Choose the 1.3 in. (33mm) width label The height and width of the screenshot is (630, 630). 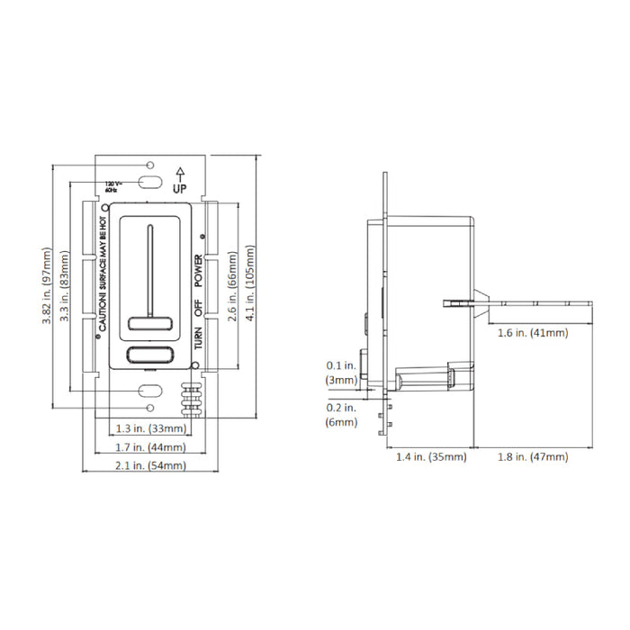[x=147, y=428]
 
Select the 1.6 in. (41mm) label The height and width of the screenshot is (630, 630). [x=533, y=333]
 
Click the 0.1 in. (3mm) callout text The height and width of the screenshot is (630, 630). [x=342, y=373]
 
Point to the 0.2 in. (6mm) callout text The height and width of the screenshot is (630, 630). [x=342, y=414]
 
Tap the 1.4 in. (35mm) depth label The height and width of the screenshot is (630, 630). [x=431, y=457]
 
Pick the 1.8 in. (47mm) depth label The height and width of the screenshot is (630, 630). [x=533, y=457]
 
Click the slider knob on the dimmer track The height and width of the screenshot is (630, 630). [x=149, y=324]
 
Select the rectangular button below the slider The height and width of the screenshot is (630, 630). [x=149, y=355]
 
